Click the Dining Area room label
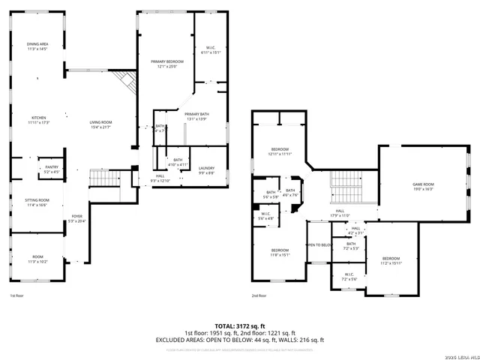pyautogui.click(x=37, y=46)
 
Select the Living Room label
pyautogui.click(x=100, y=124)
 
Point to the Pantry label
pyautogui.click(x=51, y=169)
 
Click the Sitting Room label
pyautogui.click(x=37, y=202)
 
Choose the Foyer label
pyautogui.click(x=77, y=218)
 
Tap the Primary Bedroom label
pyautogui.click(x=166, y=64)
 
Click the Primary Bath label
pyautogui.click(x=198, y=115)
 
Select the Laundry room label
pyautogui.click(x=207, y=170)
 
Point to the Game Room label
pyautogui.click(x=423, y=187)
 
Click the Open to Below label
pyautogui.click(x=319, y=245)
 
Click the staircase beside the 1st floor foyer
pyautogui.click(x=104, y=178)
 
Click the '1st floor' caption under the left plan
pyautogui.click(x=16, y=295)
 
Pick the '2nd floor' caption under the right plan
pyautogui.click(x=259, y=295)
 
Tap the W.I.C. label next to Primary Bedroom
pyautogui.click(x=210, y=50)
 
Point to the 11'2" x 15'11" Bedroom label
pyautogui.click(x=391, y=260)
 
